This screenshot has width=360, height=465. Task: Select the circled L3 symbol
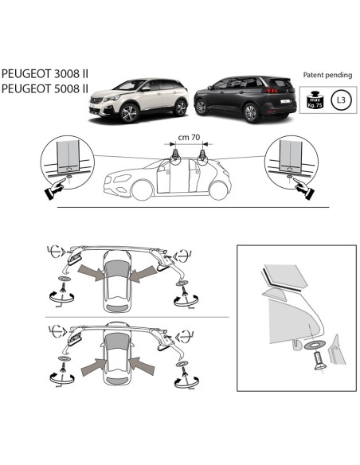[340, 101]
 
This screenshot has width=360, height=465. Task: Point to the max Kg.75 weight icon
[313, 100]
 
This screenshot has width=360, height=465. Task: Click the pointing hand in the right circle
[303, 186]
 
